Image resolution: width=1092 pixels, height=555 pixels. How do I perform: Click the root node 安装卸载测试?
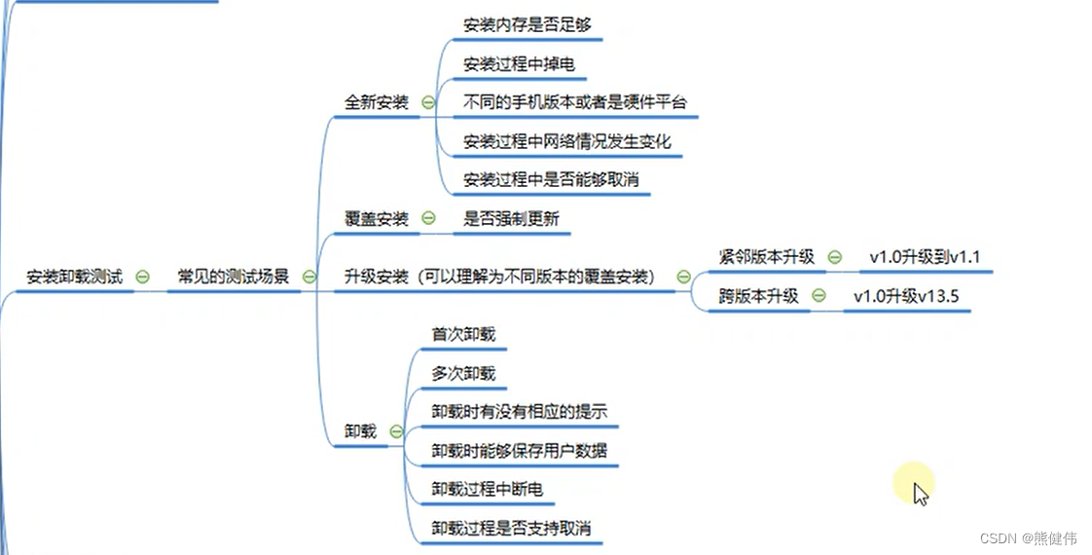[x=75, y=277]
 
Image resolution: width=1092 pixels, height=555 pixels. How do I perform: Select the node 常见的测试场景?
[x=233, y=277]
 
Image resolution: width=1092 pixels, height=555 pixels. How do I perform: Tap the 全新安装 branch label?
[x=377, y=102]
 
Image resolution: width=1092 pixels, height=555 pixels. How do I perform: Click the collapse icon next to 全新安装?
[x=428, y=102]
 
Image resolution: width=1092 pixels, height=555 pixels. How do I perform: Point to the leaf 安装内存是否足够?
[x=527, y=25]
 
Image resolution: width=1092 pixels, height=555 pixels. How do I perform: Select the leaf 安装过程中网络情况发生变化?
[x=567, y=141]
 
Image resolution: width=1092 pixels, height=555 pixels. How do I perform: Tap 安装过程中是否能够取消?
[x=551, y=180]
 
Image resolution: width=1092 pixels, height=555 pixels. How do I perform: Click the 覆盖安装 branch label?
[x=377, y=218]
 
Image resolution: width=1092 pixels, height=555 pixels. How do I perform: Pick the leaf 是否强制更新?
[x=512, y=218]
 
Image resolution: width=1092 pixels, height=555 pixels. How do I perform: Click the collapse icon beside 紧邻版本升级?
[x=834, y=257]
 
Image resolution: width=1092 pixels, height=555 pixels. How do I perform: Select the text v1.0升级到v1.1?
[x=925, y=257]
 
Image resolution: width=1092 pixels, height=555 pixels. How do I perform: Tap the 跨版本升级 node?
[x=758, y=296]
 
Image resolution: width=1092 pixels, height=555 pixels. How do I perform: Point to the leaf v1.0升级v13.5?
[x=906, y=296]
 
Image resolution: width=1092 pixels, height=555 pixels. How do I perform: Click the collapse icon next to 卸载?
[x=396, y=431]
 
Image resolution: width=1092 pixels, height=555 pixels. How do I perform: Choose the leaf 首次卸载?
[x=463, y=334]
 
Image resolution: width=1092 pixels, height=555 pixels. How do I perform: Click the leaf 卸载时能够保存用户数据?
[x=520, y=451]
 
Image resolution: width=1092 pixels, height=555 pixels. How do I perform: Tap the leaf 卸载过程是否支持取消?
[x=511, y=529]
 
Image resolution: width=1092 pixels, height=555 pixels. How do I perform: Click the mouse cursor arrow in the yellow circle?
[x=920, y=492]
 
